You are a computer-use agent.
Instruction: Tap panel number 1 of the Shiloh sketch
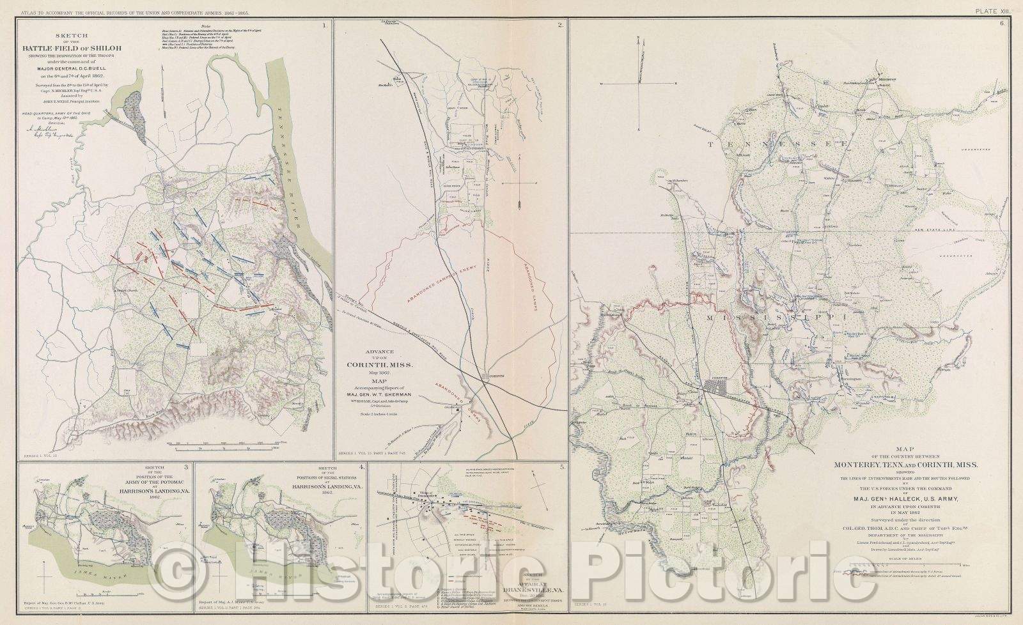(x=324, y=26)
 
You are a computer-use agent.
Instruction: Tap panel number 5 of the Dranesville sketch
(x=561, y=467)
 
